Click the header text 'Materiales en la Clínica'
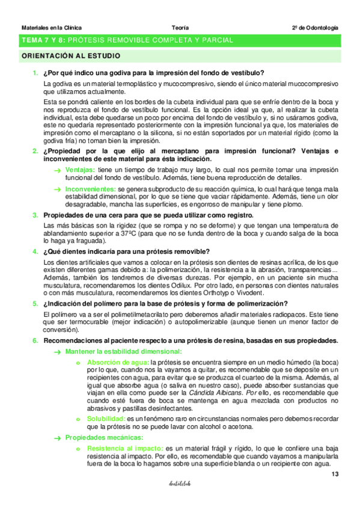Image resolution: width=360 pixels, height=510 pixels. click(x=52, y=28)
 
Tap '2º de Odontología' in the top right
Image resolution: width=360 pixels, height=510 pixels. click(x=315, y=28)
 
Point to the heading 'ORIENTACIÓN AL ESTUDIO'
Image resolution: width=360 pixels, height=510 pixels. click(x=70, y=56)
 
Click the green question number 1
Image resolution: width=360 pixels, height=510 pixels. click(x=35, y=74)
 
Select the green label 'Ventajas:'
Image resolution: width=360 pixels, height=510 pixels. click(x=80, y=170)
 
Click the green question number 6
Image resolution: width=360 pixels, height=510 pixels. click(x=35, y=340)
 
